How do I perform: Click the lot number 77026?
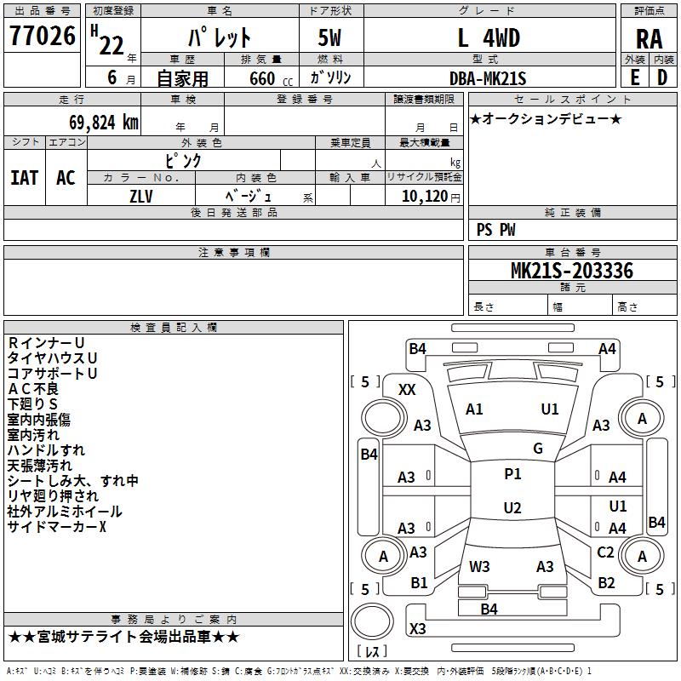pos(43,37)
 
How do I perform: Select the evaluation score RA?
pos(649,38)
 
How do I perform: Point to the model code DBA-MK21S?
pos(488,78)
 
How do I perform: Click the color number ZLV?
pos(141,195)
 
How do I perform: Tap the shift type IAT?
pos(25,177)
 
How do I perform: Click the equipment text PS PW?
pos(496,230)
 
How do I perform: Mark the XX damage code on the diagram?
pos(407,390)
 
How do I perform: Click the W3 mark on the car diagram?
pos(479,566)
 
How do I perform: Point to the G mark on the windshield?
pos(538,449)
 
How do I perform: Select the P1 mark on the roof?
pos(512,474)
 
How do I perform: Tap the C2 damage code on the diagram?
pos(605,552)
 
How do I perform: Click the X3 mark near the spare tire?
pos(418,629)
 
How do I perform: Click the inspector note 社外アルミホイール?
pos(65,512)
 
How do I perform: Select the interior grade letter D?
pos(663,77)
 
